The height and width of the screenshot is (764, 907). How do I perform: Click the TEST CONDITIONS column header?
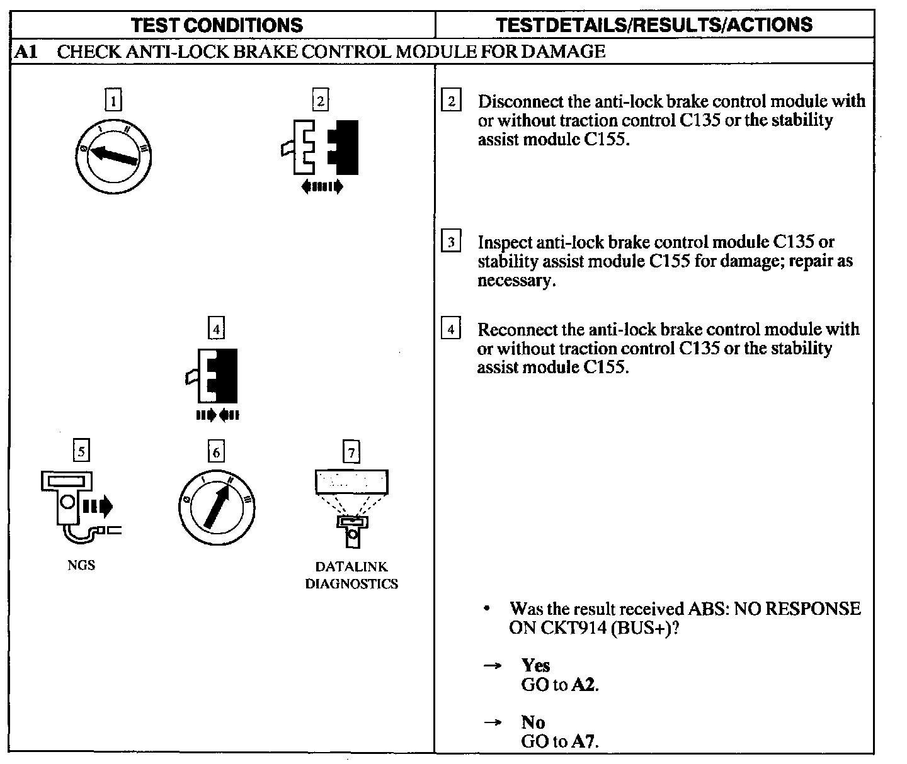click(x=217, y=25)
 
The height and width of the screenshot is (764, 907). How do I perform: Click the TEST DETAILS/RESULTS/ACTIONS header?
click(x=654, y=25)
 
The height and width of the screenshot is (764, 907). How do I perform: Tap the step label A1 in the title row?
click(x=26, y=52)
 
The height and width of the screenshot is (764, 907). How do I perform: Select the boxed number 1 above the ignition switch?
click(x=113, y=101)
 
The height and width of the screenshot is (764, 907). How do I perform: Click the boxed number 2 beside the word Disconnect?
click(x=452, y=101)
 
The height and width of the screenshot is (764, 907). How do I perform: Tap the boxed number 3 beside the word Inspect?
click(x=452, y=242)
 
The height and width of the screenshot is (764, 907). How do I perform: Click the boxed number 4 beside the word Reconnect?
click(x=452, y=329)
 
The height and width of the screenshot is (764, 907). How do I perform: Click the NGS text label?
click(x=81, y=565)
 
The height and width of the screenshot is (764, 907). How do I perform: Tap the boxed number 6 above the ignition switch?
click(x=216, y=452)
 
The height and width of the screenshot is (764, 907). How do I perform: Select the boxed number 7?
click(x=351, y=452)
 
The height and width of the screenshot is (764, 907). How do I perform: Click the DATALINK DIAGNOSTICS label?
click(x=351, y=575)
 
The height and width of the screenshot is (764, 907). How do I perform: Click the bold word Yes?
click(x=535, y=665)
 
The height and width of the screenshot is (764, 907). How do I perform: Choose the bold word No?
click(x=533, y=722)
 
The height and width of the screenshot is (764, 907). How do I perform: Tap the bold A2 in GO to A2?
click(x=583, y=685)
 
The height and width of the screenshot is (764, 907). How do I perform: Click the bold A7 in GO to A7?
click(x=583, y=741)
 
